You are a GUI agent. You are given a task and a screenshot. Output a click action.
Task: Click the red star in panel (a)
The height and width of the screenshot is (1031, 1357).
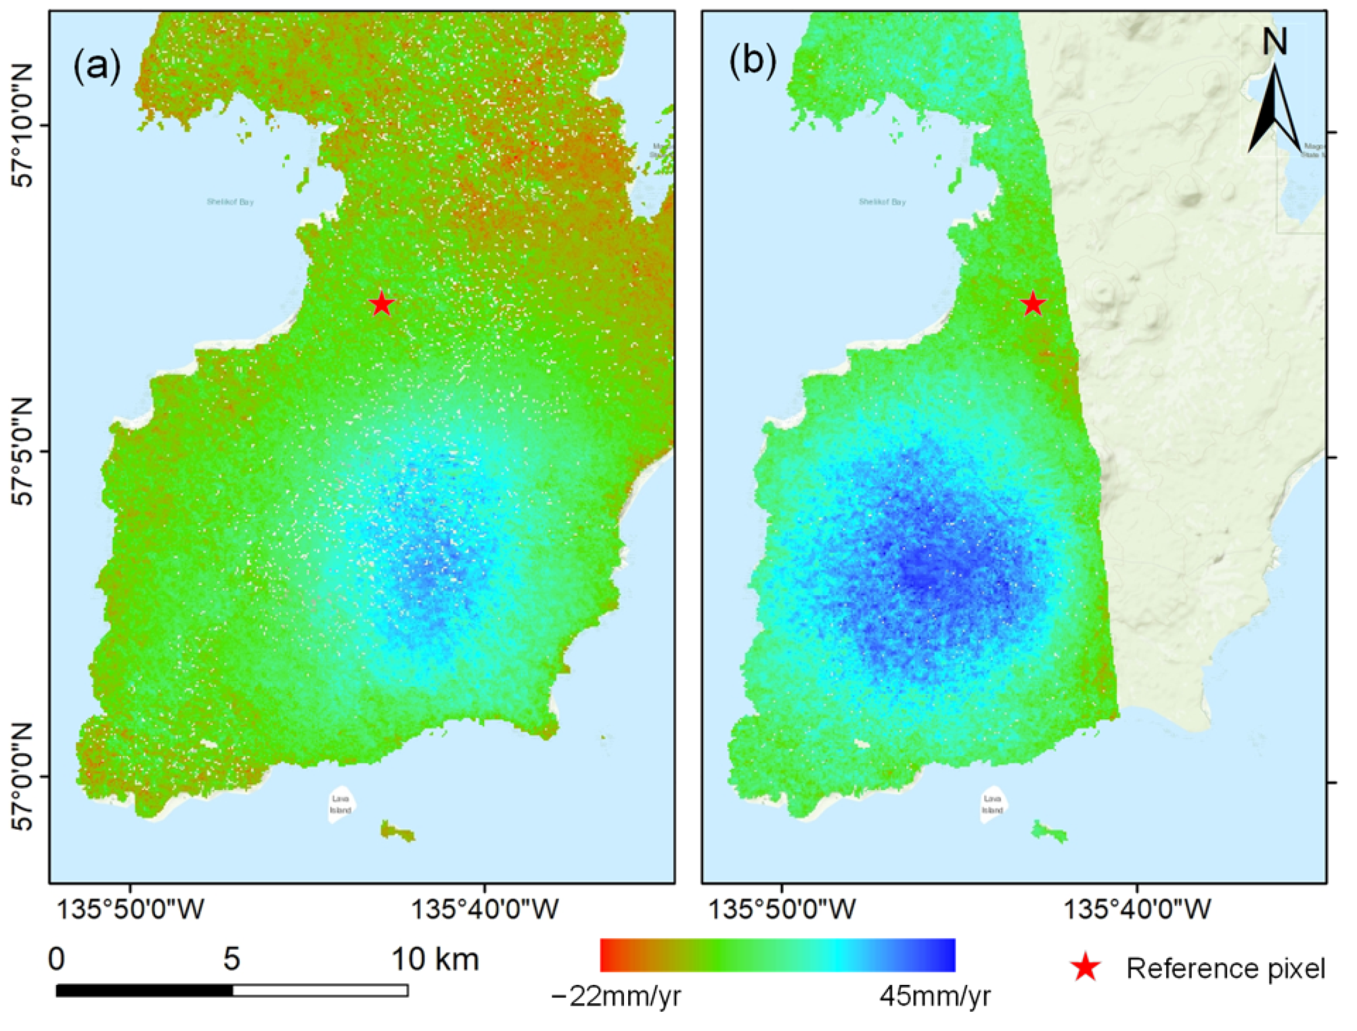coord(382,303)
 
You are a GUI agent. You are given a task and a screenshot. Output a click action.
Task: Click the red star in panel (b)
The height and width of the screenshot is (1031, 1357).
coord(1033,303)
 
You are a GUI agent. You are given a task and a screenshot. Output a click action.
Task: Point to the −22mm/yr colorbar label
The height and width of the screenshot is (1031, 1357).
coord(617,997)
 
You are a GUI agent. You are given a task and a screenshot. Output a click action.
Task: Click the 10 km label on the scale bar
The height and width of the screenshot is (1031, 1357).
coord(436,959)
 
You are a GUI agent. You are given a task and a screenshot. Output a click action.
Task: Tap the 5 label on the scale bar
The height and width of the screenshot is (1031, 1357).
coord(232,959)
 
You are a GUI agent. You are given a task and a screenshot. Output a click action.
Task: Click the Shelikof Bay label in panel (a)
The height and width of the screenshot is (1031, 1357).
coord(230,201)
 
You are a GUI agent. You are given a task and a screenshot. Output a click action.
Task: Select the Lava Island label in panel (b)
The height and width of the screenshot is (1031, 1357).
coord(992,805)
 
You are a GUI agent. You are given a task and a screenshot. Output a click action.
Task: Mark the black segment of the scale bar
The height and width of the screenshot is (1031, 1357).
coord(144,990)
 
